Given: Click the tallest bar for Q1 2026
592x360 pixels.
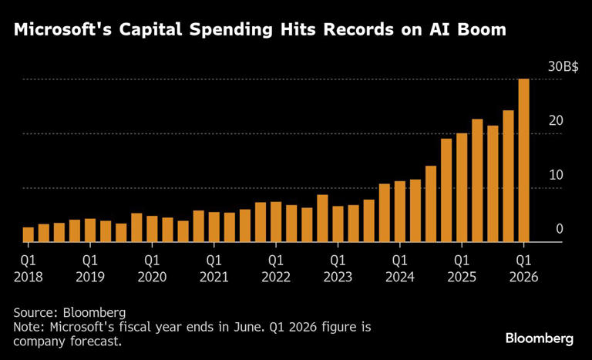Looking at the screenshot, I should pos(523,160).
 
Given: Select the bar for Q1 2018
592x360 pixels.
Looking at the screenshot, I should pos(29,235).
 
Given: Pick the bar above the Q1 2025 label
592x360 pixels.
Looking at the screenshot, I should pos(462,188).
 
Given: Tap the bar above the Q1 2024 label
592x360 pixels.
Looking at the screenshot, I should pos(399,212).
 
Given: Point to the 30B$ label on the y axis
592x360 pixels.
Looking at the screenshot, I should pos(563,67).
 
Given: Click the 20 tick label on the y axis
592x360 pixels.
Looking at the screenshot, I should pos(556,121).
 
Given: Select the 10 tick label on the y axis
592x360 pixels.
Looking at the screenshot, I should pos(556,175).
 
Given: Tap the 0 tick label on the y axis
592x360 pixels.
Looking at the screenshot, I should pos(560,229).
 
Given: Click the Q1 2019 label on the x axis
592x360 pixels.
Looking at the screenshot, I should pos(90,268).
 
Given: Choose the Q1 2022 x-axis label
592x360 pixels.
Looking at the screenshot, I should pos(276,268).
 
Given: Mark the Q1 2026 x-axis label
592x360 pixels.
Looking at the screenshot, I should pos(523,268).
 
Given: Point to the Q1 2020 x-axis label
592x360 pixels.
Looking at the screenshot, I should pos(152,268).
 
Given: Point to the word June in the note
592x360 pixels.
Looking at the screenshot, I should pos(254,327).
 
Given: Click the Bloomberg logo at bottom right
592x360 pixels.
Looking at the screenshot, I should pos(540,338).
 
